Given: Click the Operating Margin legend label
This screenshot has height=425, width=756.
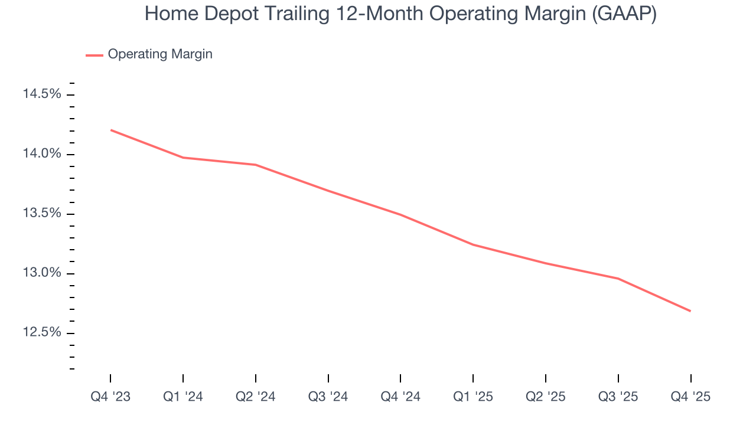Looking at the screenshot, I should point(160,54).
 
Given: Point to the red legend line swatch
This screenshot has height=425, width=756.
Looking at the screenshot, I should point(94,55).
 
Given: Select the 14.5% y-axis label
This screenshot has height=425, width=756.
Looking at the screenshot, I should point(41,94).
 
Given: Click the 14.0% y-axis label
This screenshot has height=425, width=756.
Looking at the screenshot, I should point(41,153).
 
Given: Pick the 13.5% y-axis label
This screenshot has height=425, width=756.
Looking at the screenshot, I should point(41,213).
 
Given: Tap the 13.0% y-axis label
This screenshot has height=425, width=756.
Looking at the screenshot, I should point(41,273).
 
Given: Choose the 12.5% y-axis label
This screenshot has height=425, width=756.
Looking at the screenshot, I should point(41,332).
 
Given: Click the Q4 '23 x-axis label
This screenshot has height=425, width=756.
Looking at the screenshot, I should point(110,397).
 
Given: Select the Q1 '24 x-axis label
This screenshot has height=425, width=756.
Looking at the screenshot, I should point(183,397).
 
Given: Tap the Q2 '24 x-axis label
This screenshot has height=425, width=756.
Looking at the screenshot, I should point(256,397).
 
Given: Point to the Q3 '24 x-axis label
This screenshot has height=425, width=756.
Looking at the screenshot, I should point(328,397).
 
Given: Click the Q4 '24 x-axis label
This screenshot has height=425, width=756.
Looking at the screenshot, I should point(400,397).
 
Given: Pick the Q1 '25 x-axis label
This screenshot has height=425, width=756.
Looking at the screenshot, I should point(473,397).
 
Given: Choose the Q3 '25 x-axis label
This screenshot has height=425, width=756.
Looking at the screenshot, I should point(618,397).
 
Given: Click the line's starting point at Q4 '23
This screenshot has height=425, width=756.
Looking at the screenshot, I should point(111,130).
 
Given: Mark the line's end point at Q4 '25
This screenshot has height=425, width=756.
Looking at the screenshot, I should point(690,311).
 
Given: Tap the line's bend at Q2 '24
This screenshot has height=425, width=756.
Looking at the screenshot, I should point(256,165).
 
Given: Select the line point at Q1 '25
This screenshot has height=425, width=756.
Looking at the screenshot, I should point(473,244).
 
